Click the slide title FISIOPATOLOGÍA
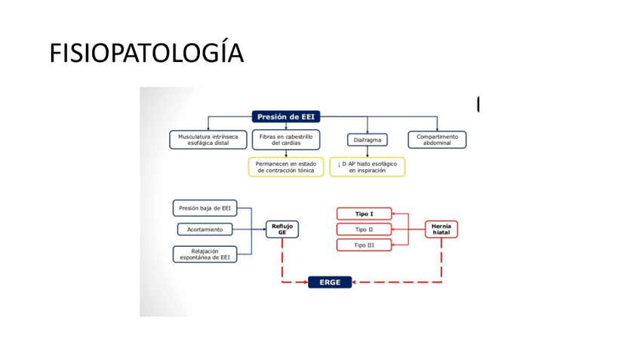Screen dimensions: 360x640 click(146, 54)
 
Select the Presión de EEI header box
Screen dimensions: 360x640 click(287, 116)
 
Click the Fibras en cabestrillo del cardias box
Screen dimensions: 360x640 click(286, 140)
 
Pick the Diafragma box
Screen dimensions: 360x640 click(367, 140)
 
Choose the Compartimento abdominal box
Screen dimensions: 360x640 click(437, 140)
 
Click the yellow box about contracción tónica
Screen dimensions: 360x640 click(285, 167)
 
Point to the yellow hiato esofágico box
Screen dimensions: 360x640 click(367, 167)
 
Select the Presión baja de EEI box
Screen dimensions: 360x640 click(205, 208)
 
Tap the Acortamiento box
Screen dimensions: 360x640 click(205, 229)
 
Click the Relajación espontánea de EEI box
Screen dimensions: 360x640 click(205, 254)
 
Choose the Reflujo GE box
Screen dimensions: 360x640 click(282, 229)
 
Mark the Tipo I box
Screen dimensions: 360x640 click(364, 214)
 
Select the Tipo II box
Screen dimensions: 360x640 click(364, 229)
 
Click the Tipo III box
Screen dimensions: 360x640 click(364, 245)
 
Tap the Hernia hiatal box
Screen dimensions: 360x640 click(442, 229)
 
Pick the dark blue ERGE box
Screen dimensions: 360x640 click(330, 282)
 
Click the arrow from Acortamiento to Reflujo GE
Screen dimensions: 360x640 click(249, 229)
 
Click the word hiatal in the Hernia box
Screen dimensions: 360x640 click(442, 233)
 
